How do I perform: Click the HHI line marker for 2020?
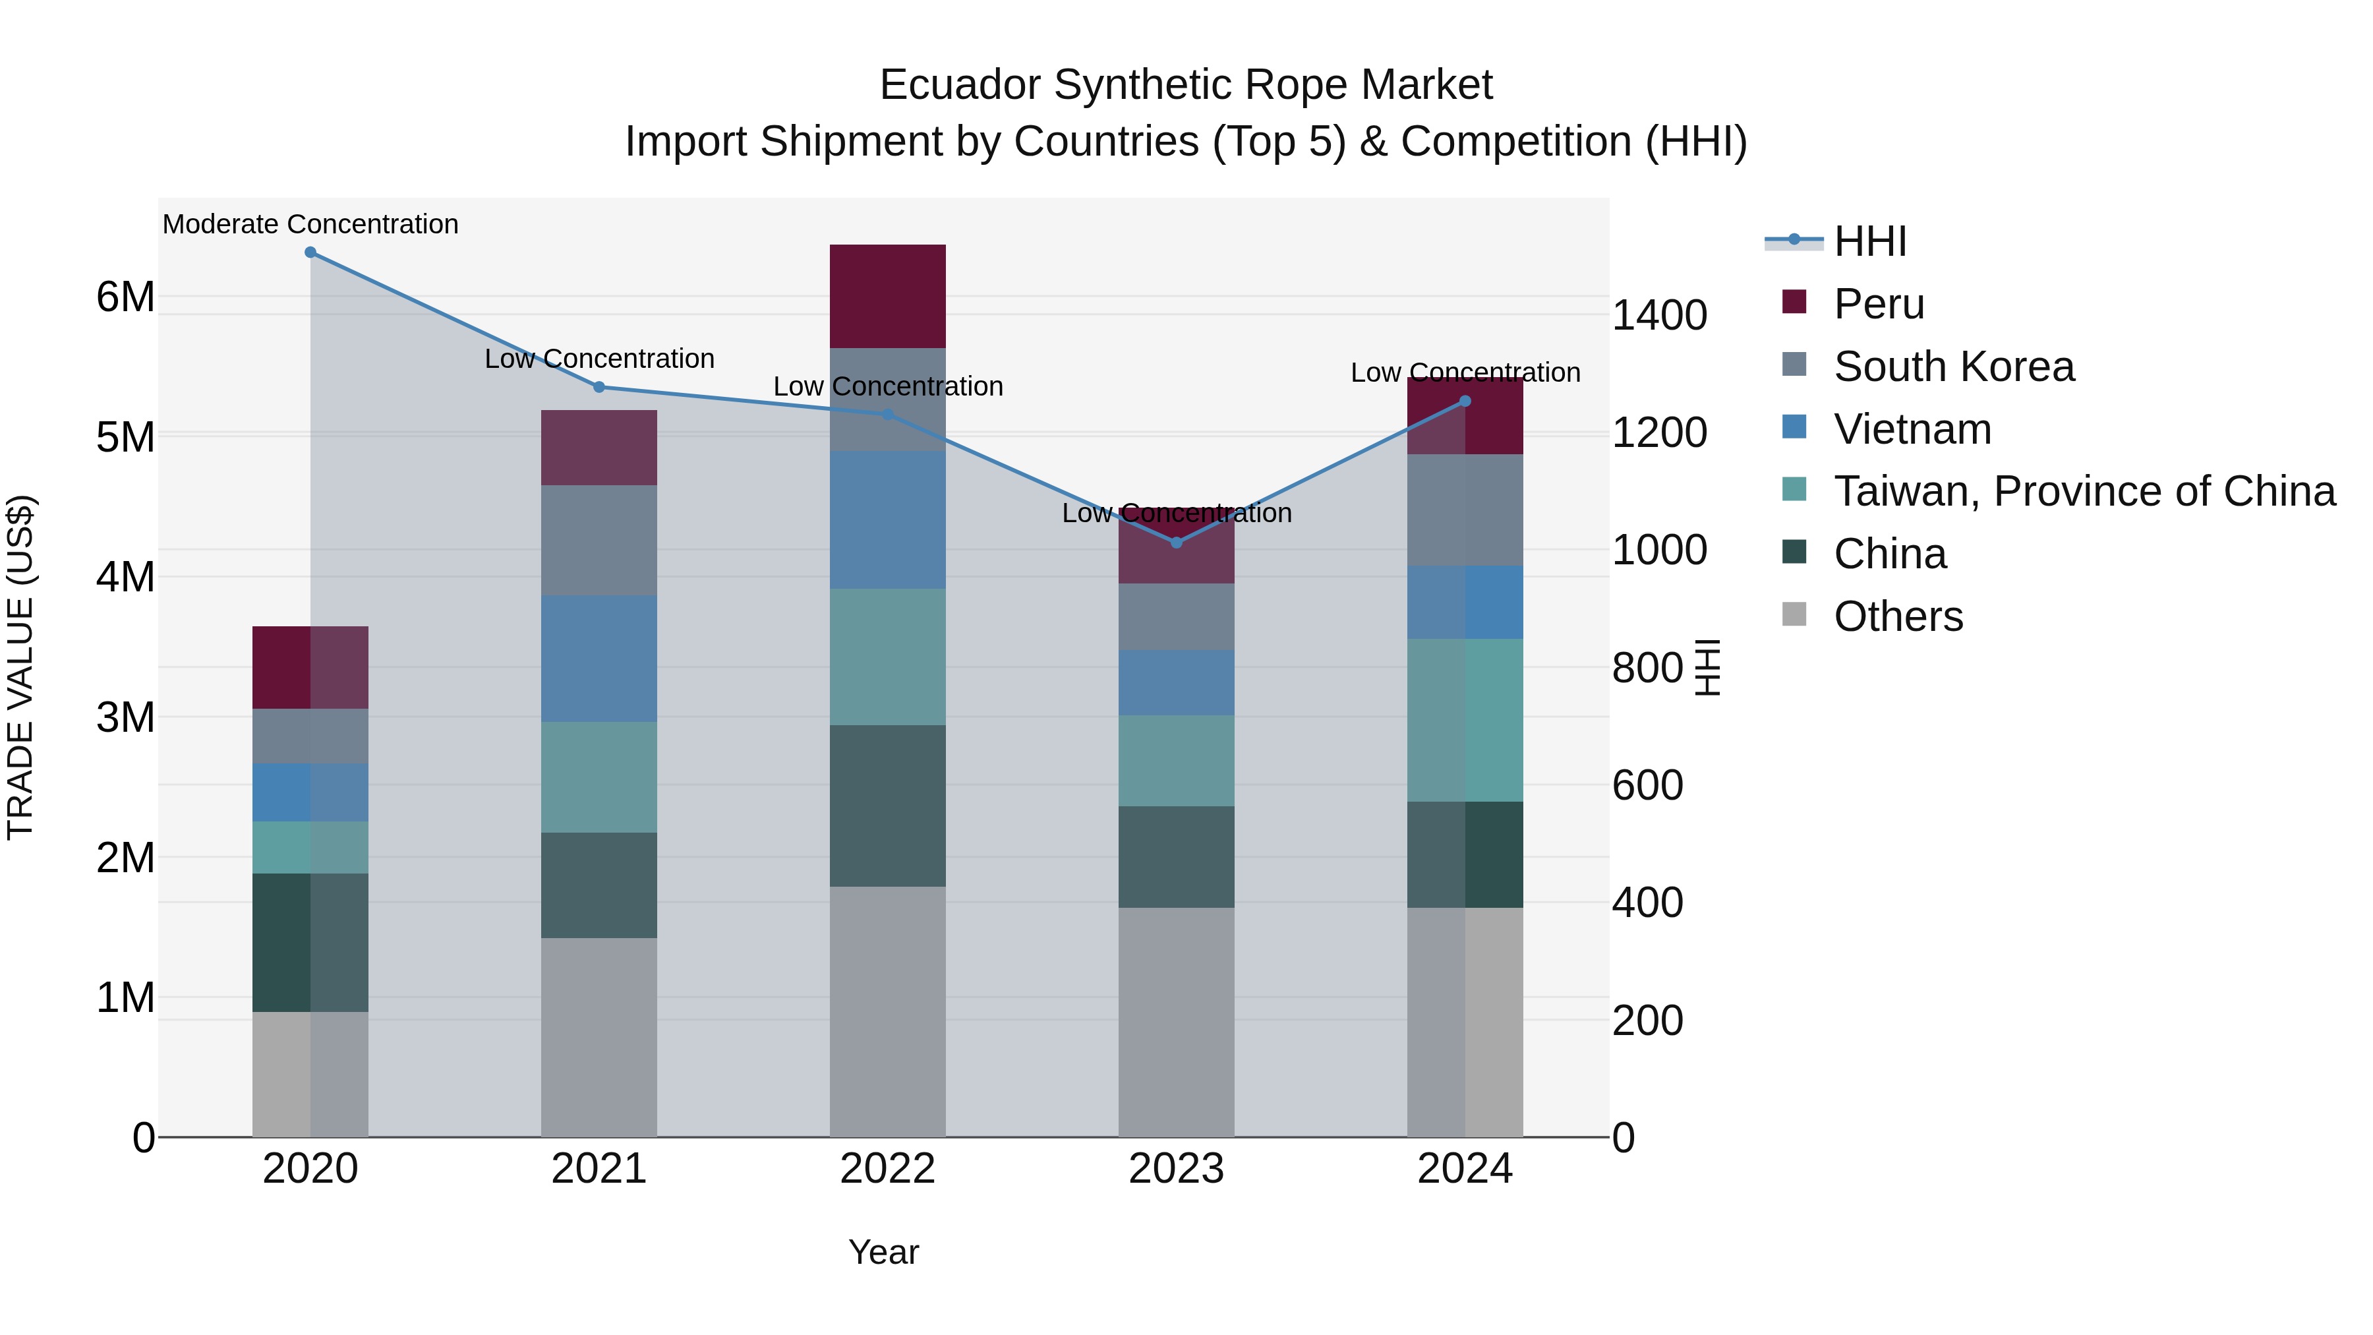point(310,252)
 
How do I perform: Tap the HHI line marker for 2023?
point(1177,543)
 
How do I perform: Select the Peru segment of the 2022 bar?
point(887,297)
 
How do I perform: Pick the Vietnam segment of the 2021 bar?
point(599,659)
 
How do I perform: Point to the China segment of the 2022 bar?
point(887,806)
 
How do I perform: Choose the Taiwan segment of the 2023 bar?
point(1177,761)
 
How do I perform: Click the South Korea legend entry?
point(1953,367)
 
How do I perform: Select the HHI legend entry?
point(1869,241)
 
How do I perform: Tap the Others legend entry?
point(1898,616)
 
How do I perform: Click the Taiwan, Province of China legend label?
point(2084,491)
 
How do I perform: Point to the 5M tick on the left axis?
point(125,438)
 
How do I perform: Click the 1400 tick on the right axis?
point(1659,315)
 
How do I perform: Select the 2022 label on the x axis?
point(887,1169)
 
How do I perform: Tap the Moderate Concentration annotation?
point(310,224)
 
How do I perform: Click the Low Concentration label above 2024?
point(1465,372)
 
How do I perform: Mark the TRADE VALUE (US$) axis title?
point(20,667)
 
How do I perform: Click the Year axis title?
point(883,1252)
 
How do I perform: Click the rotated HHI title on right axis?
point(1707,667)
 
